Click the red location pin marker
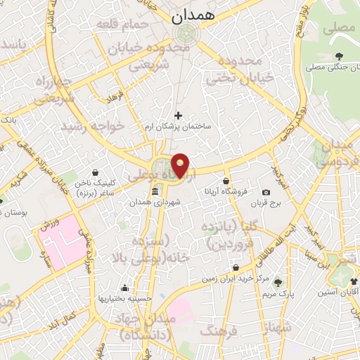click(x=181, y=165)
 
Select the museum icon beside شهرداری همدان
click(x=155, y=192)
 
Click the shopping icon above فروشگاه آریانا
click(x=226, y=181)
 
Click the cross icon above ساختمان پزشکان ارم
click(x=178, y=115)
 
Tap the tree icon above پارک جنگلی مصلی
click(x=340, y=56)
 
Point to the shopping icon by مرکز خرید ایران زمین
click(x=235, y=268)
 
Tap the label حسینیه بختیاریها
click(x=125, y=298)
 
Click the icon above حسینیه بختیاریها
click(x=125, y=288)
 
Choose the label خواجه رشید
click(x=92, y=126)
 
